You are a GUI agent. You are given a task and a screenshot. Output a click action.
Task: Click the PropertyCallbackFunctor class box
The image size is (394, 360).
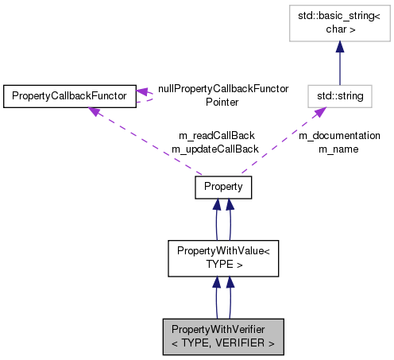pyautogui.click(x=70, y=96)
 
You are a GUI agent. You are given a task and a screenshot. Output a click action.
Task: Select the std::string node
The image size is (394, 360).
pyautogui.click(x=339, y=96)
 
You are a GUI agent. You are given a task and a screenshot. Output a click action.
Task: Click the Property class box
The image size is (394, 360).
pyautogui.click(x=223, y=187)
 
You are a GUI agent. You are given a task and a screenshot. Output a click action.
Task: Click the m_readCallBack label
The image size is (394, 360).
pyautogui.click(x=225, y=136)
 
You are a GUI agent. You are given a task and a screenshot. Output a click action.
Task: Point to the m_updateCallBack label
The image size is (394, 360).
pyautogui.click(x=214, y=149)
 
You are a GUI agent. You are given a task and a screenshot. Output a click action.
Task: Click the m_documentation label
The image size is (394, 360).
pyautogui.click(x=339, y=136)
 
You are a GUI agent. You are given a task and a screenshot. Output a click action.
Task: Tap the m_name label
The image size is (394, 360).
pyautogui.click(x=339, y=149)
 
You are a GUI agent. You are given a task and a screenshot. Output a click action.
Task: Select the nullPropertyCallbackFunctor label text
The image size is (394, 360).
pyautogui.click(x=222, y=89)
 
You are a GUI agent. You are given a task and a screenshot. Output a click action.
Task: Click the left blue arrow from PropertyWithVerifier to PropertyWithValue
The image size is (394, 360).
pyautogui.click(x=215, y=297)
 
